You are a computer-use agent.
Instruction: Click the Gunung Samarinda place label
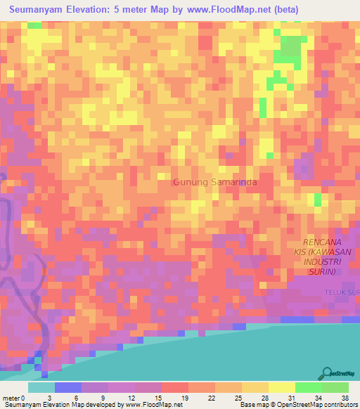coord(215,183)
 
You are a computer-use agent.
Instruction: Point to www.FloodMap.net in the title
coord(223,10)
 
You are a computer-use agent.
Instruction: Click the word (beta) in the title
coord(283,10)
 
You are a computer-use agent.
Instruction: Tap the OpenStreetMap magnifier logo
coord(327,373)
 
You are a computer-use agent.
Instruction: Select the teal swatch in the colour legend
coord(41,387)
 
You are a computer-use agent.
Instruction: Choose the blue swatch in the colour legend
coord(67,387)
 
